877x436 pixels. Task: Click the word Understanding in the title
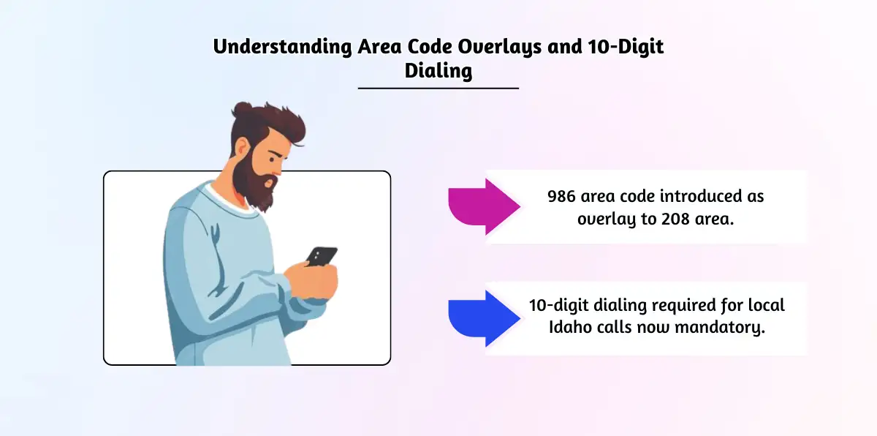[x=282, y=47]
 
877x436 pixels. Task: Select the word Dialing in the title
[x=438, y=71]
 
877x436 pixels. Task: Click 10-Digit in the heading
[x=626, y=46]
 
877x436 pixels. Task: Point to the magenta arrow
[x=485, y=206]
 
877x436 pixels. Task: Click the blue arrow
[x=485, y=318]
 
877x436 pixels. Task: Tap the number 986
[x=562, y=196]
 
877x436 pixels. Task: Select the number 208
[x=675, y=219]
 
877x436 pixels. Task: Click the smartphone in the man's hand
[x=322, y=256]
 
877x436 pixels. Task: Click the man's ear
[x=242, y=147]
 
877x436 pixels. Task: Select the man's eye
[x=273, y=159]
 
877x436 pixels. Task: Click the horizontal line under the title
[x=438, y=89]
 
